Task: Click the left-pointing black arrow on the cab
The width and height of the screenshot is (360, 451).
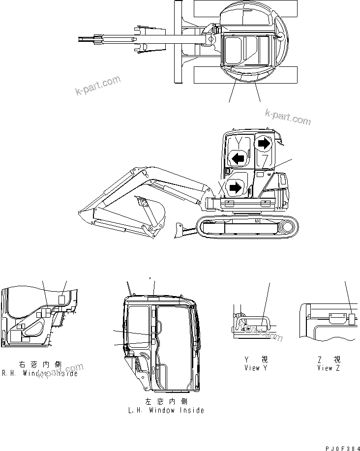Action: pos(238,158)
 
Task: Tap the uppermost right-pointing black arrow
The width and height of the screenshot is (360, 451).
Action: pos(264,143)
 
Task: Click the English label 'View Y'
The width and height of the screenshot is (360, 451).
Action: pos(256,368)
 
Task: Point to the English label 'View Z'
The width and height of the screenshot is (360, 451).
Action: pos(328,368)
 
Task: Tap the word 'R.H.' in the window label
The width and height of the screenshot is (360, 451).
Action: pos(10,373)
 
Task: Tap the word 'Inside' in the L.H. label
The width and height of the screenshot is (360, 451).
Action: pos(191,410)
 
